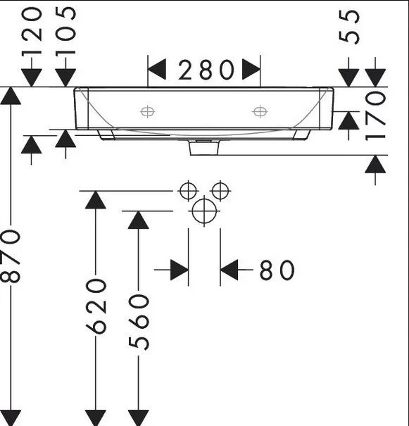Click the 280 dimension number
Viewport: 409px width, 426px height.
[x=206, y=70]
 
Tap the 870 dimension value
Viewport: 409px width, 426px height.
[x=11, y=256]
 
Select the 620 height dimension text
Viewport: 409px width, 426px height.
[x=96, y=306]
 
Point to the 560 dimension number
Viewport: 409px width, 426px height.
[x=139, y=322]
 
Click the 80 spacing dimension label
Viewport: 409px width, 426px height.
[x=277, y=270]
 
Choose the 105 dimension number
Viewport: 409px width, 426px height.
[x=65, y=31]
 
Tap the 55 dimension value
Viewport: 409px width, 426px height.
[x=349, y=26]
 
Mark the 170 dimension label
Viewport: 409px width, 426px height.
[x=375, y=116]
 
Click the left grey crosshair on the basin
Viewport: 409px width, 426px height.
[x=147, y=111]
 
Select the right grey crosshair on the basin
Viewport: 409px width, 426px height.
[x=260, y=111]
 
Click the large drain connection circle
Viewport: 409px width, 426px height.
[x=204, y=211]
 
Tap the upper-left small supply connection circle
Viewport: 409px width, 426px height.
[x=188, y=191]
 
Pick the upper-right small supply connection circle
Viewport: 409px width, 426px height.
[x=220, y=191]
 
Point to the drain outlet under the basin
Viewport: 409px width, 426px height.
[x=204, y=148]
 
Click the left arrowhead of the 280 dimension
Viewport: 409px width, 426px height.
[x=157, y=70]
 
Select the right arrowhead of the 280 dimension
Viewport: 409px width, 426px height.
[x=251, y=70]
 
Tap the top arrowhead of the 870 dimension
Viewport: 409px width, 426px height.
[x=11, y=96]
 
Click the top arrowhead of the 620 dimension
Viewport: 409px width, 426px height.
[x=96, y=200]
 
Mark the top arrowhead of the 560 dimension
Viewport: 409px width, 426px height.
[x=139, y=220]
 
